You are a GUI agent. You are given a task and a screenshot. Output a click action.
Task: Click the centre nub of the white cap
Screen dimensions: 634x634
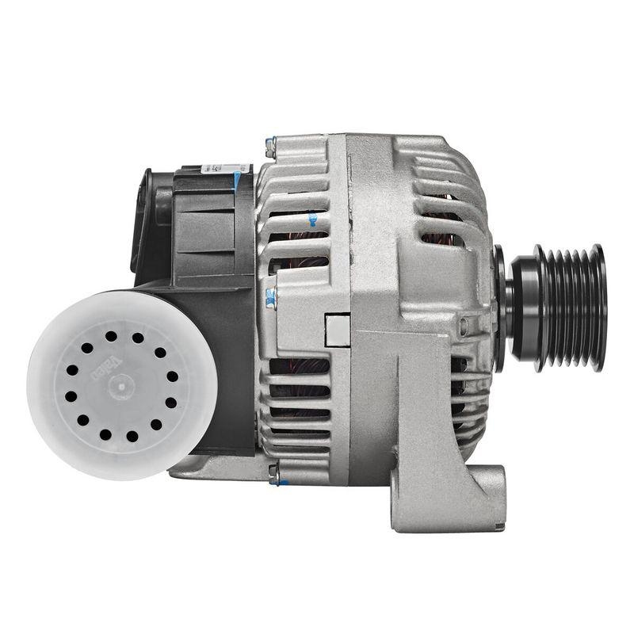coord(110,388)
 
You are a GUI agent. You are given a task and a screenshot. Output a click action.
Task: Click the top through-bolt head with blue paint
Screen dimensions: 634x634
coord(270,144)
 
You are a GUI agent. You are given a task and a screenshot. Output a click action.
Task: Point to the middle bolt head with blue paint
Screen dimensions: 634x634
coord(271,296)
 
